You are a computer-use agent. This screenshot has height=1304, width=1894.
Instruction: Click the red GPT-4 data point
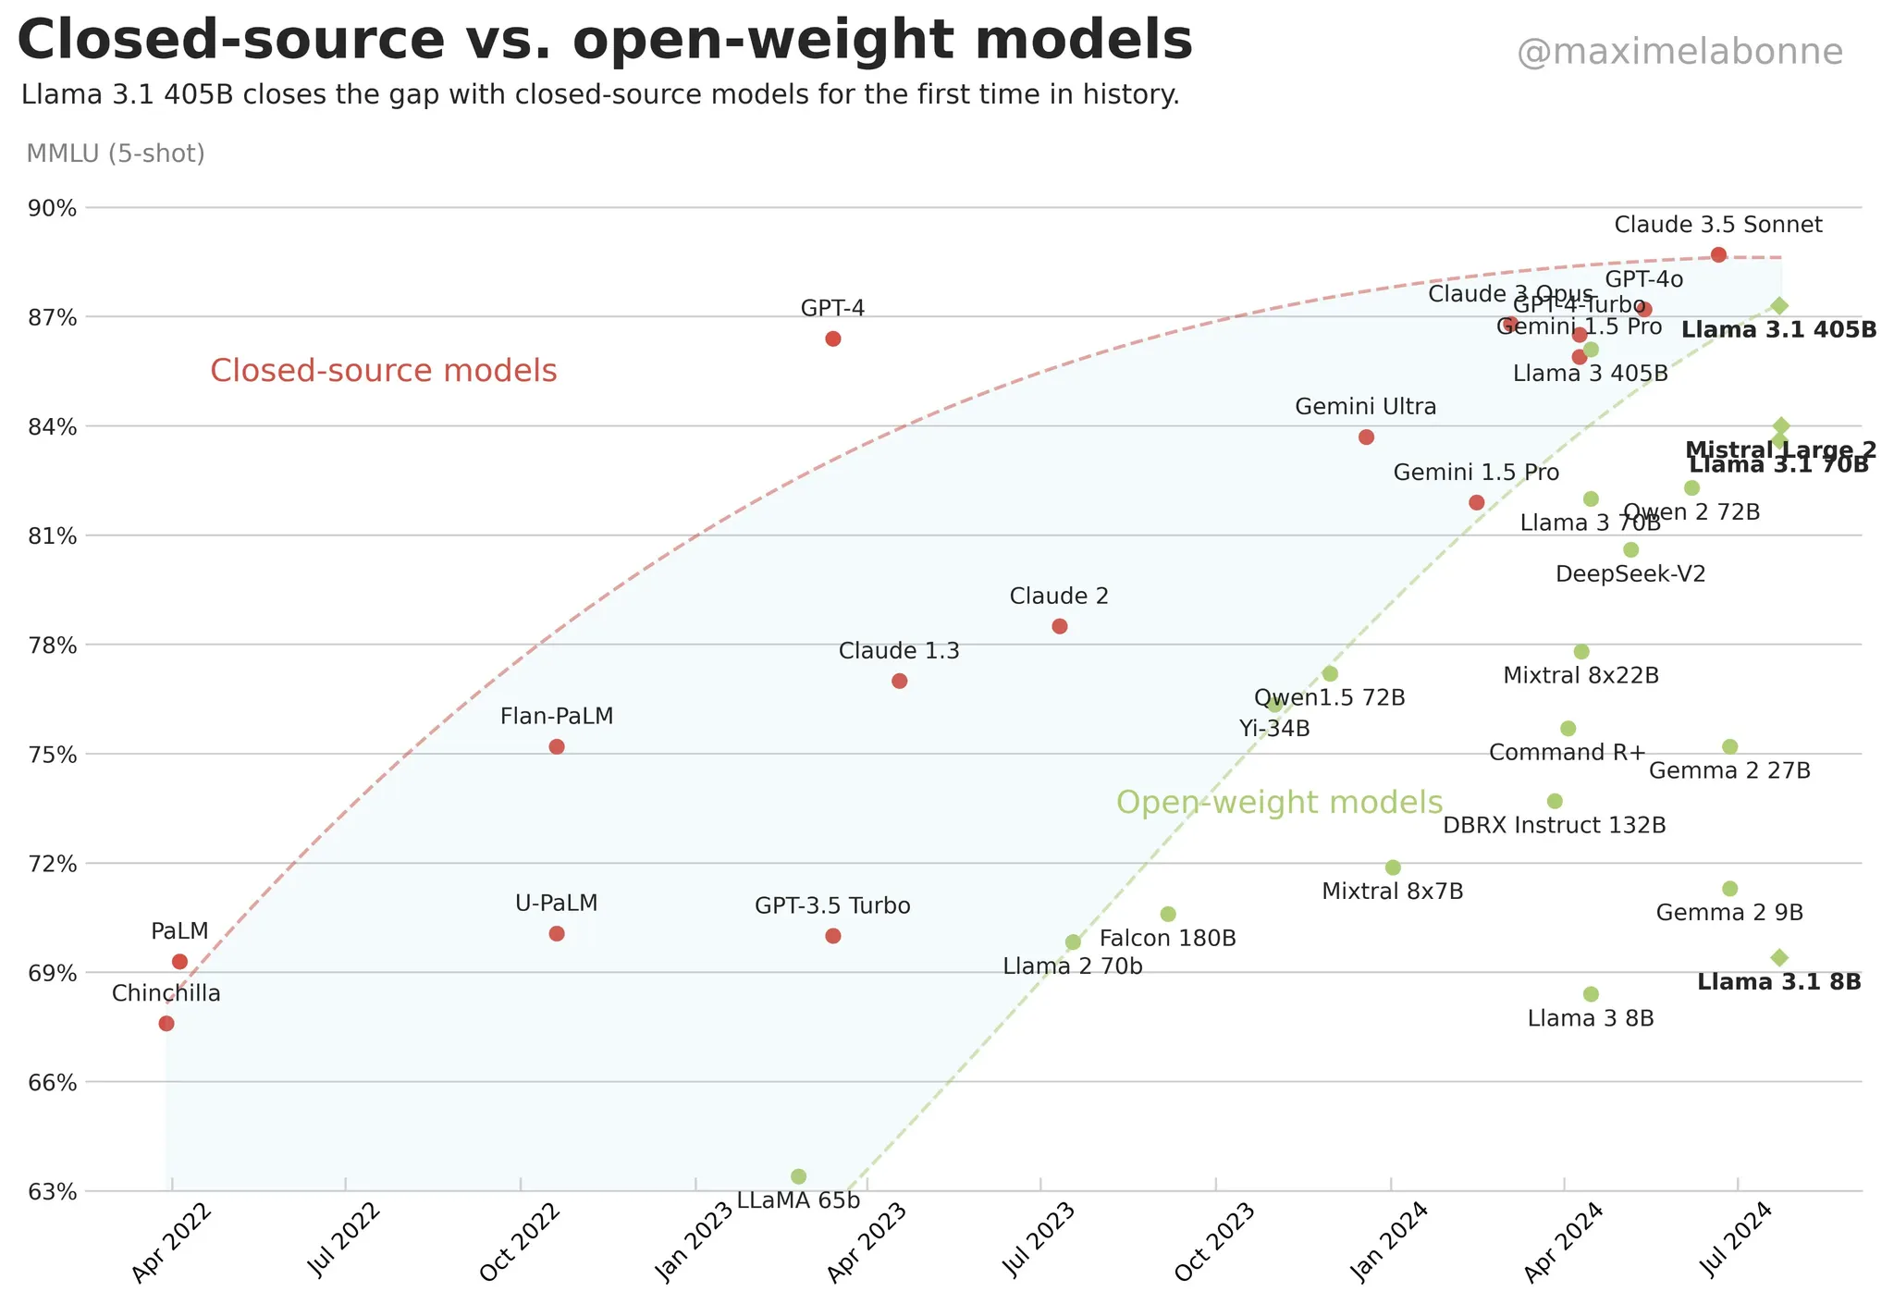pyautogui.click(x=832, y=338)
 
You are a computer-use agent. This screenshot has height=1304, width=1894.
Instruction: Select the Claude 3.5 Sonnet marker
pyautogui.click(x=1718, y=254)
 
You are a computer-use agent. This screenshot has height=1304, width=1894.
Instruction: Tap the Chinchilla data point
pyautogui.click(x=166, y=1023)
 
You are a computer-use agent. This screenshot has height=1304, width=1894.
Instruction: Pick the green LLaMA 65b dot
pyautogui.click(x=799, y=1176)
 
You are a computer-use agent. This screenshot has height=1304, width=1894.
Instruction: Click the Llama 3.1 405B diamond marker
pyautogui.click(x=1779, y=305)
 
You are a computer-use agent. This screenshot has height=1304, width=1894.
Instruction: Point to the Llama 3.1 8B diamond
pyautogui.click(x=1779, y=957)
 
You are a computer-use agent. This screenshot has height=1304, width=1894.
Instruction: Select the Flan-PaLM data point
pyautogui.click(x=557, y=746)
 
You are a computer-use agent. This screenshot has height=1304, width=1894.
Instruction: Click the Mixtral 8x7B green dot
pyautogui.click(x=1393, y=867)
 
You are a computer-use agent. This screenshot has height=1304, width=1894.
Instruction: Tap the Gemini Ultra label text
pyautogui.click(x=1365, y=407)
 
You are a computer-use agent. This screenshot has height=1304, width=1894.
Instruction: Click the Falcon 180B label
pyautogui.click(x=1167, y=939)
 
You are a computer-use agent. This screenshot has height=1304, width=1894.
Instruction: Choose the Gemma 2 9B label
pyautogui.click(x=1729, y=914)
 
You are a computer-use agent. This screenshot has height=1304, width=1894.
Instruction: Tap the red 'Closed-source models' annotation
pyautogui.click(x=383, y=371)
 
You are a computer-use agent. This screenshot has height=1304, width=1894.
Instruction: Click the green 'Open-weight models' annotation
pyautogui.click(x=1279, y=802)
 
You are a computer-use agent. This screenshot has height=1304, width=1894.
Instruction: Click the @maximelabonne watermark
pyautogui.click(x=1679, y=53)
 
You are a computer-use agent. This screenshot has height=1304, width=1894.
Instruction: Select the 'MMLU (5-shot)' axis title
pyautogui.click(x=116, y=154)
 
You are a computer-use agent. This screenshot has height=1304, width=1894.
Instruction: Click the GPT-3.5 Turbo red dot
pyautogui.click(x=832, y=936)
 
